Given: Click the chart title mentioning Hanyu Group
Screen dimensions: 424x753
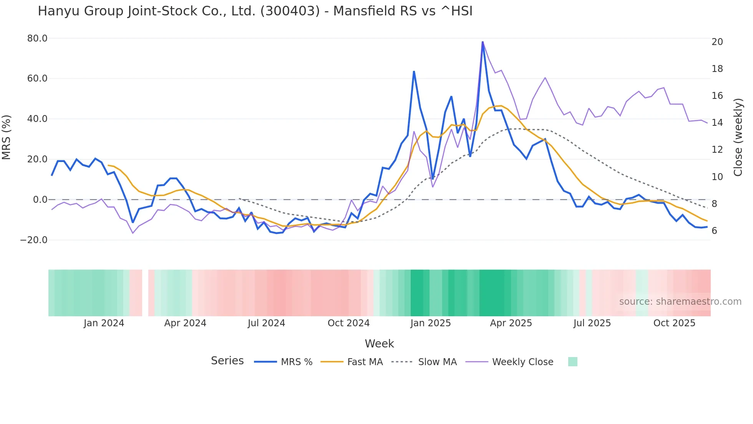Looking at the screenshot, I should tap(255, 11).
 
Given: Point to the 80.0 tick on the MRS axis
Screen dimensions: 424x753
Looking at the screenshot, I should tap(37, 38).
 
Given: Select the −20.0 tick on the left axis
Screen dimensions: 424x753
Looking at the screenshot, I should tap(34, 240).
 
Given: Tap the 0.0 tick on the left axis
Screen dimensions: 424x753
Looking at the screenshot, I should tap(40, 200).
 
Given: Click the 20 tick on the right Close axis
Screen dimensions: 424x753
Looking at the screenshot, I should tap(717, 42).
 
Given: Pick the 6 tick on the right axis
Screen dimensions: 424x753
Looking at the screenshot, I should tap(714, 231).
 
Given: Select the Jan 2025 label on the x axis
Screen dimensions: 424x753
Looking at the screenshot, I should tap(430, 323).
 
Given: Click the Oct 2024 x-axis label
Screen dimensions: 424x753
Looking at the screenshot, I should tap(348, 323).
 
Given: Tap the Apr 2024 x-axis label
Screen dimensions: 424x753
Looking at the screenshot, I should tap(185, 323).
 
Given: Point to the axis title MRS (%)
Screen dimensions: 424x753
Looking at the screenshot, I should tap(7, 137).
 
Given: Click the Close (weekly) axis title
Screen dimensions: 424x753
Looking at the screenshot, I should tap(738, 137).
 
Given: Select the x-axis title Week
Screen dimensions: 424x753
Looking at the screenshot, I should tap(379, 344).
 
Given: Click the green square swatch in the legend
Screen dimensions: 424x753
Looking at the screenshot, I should tap(572, 362).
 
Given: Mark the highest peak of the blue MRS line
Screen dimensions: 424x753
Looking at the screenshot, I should tap(483, 42).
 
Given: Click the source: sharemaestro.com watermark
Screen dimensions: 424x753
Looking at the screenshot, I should tap(680, 302).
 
